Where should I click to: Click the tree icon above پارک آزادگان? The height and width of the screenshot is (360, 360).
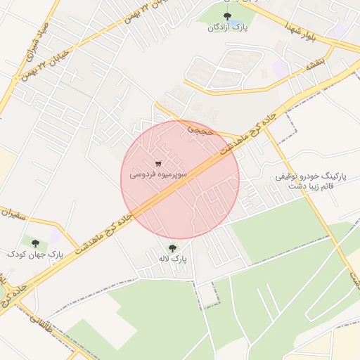click(x=226, y=16)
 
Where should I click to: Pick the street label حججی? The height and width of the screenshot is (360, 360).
click(x=198, y=129)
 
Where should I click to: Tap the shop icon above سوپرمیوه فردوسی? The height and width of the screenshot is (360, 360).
click(x=157, y=163)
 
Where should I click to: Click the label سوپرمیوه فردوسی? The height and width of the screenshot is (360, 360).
click(x=158, y=172)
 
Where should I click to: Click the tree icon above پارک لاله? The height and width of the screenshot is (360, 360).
click(x=172, y=247)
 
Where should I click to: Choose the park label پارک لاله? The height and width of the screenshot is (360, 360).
click(x=173, y=259)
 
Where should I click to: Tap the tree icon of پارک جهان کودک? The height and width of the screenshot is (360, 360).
click(x=35, y=243)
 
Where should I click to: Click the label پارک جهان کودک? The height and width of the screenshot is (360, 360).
click(x=35, y=254)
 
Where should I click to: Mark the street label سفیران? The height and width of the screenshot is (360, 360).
click(x=16, y=210)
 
